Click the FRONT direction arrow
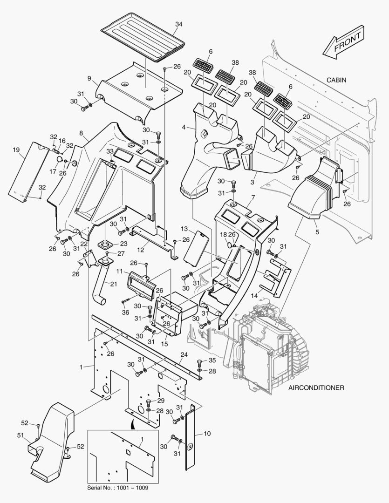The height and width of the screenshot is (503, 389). point(343,42)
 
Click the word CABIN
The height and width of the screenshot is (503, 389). point(336,80)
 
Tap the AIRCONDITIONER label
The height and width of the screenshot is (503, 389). point(316,387)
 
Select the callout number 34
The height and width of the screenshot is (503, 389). point(179,24)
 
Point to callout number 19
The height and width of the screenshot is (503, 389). point(16,150)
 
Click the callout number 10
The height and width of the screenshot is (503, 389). point(207,434)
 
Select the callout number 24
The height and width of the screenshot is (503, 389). point(184,354)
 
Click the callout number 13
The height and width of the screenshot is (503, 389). point(184,229)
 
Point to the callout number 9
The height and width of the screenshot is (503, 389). point(89,78)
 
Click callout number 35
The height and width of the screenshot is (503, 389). point(212,360)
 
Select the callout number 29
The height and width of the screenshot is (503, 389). point(161,401)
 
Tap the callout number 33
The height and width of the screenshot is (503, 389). point(109,151)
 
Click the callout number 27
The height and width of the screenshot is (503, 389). point(121,253)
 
